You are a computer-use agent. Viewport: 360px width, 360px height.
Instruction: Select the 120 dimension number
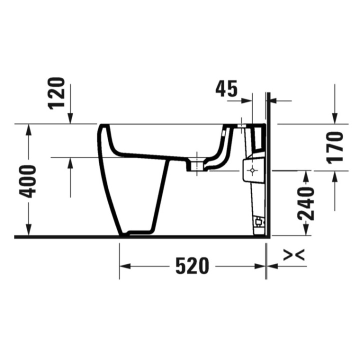pos(57,93)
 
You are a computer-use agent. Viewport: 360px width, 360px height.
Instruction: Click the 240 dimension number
pos(305,203)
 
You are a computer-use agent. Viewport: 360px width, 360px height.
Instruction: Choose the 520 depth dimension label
pos(192,266)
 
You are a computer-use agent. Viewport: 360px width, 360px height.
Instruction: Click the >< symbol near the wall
pos(293,255)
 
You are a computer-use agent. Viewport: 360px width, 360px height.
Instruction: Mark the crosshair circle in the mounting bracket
pos(252,170)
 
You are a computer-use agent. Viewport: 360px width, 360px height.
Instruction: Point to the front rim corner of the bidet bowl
pos(102,126)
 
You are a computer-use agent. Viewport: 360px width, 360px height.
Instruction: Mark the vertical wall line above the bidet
pos(268,107)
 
